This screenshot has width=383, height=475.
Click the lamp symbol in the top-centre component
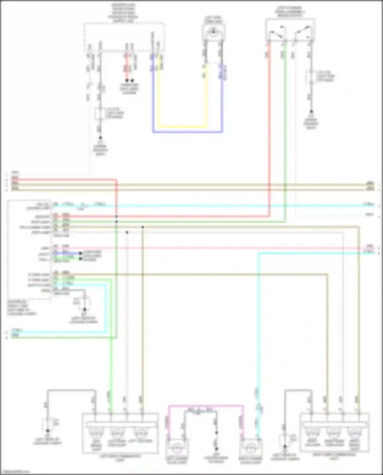pyautogui.click(x=213, y=31)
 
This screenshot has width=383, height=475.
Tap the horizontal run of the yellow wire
pyautogui.click(x=182, y=126)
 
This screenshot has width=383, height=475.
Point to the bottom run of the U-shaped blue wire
pyautogui.click(x=188, y=132)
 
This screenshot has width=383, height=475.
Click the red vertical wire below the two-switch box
pyautogui.click(x=269, y=128)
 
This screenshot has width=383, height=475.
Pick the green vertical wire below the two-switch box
pyautogui.click(x=285, y=128)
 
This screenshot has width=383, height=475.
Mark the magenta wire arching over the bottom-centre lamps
pyautogui.click(x=206, y=406)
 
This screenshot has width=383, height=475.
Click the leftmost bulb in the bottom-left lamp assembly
pyautogui.click(x=96, y=432)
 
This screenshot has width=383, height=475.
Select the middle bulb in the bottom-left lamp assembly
pyautogui.click(x=117, y=432)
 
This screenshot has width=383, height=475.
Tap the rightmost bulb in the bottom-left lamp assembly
pyautogui.click(x=140, y=432)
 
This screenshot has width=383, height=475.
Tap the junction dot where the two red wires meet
pyautogui.click(x=116, y=216)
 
